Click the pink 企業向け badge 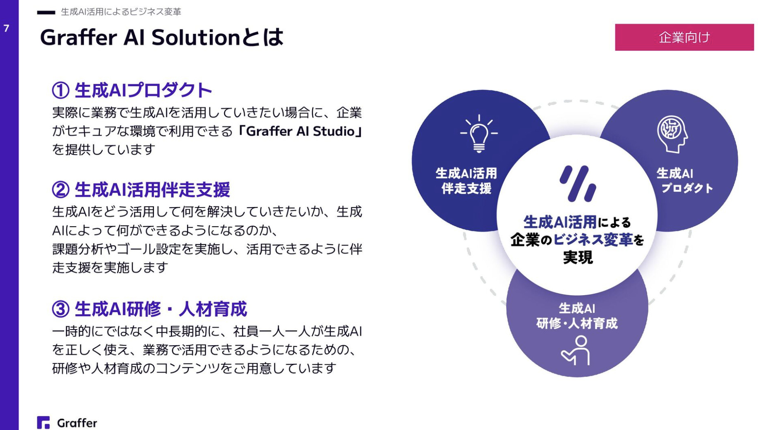click(x=684, y=37)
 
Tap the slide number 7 click(x=6, y=29)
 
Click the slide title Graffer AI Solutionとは click(x=162, y=37)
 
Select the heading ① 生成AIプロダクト click(x=132, y=90)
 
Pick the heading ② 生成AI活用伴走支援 click(x=141, y=190)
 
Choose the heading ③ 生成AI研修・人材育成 click(x=149, y=309)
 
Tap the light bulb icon click(x=479, y=134)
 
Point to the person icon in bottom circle click(x=576, y=351)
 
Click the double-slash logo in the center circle click(x=578, y=184)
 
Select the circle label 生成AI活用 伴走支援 click(x=466, y=181)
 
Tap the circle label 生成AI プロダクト click(x=685, y=181)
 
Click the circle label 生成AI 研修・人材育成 click(x=577, y=315)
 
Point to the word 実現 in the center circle click(x=578, y=257)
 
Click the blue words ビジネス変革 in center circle click(x=593, y=239)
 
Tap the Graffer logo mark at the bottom click(x=43, y=423)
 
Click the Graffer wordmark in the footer click(x=77, y=423)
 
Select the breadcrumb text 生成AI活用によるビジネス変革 click(x=121, y=12)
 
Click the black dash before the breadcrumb click(x=46, y=12)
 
